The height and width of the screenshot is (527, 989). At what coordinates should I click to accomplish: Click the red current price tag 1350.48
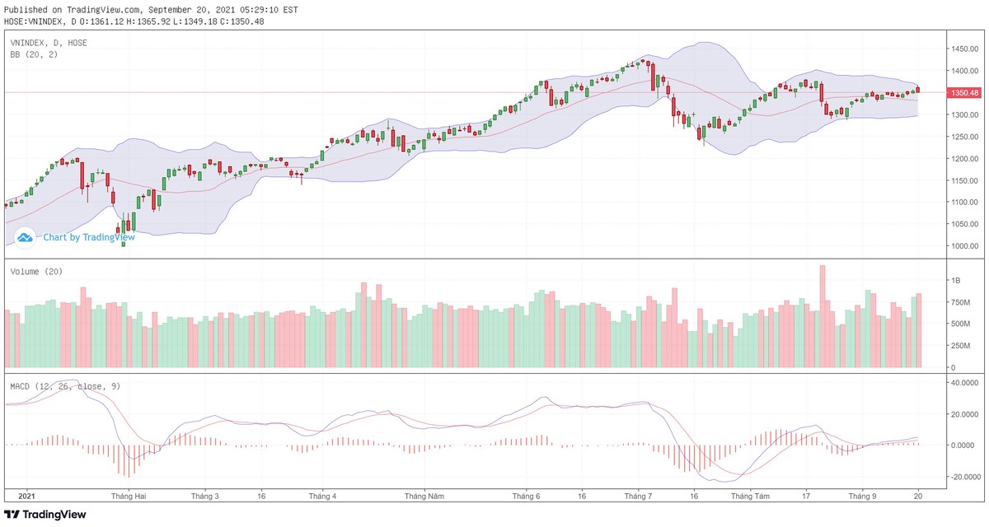point(964,93)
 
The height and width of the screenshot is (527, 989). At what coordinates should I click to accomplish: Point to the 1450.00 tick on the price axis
point(964,49)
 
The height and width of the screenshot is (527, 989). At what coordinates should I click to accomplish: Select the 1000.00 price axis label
point(964,246)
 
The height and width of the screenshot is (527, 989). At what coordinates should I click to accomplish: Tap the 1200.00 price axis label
point(964,159)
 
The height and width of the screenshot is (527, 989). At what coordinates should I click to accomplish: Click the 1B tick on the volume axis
point(957,281)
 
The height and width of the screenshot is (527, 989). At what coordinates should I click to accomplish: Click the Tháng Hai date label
point(129,497)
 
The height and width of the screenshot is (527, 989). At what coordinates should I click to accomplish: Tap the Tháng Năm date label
point(424,497)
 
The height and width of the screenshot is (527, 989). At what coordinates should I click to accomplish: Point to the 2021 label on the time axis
point(27,497)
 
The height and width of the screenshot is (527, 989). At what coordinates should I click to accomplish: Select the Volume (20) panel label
point(36,272)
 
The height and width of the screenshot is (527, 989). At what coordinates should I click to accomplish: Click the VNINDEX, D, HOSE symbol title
point(49,42)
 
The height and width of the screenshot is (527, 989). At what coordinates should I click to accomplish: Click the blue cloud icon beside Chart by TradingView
point(25,237)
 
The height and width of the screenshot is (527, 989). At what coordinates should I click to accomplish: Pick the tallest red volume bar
point(822,316)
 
